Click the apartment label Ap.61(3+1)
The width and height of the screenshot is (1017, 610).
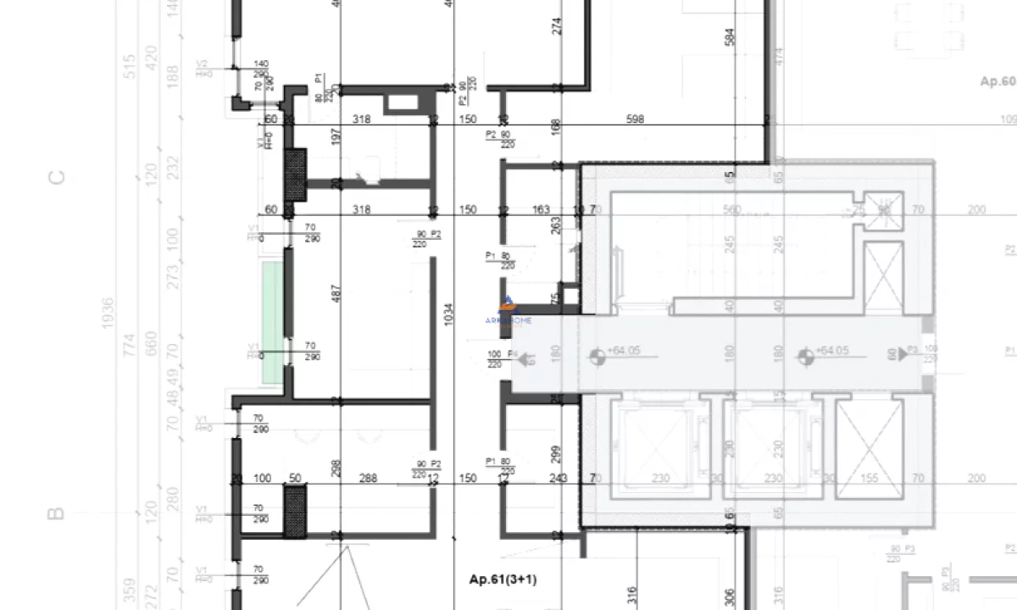pos(503,579)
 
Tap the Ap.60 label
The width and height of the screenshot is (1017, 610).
pos(997,81)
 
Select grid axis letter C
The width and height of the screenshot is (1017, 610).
pos(56,178)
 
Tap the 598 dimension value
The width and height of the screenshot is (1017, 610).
pos(634,119)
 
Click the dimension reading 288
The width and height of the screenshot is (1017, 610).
pos(368,479)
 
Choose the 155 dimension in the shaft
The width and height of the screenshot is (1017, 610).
pos(869,479)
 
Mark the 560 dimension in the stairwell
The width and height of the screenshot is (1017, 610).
pos(731,209)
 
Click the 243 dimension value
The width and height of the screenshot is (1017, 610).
pos(558,479)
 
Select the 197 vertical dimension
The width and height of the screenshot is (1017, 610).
pos(336,136)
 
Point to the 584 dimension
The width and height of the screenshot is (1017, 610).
pos(730,36)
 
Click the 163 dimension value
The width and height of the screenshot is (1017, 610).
pos(542,209)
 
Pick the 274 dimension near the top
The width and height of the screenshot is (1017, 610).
pos(557,25)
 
